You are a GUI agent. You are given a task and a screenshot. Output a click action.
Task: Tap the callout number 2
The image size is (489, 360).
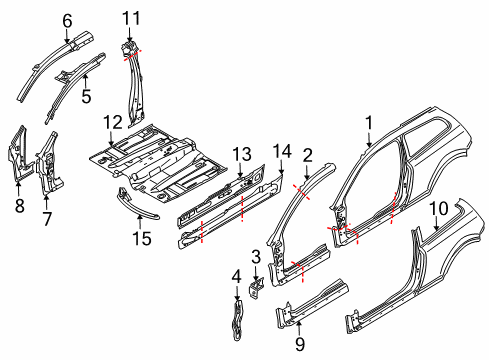tap(308, 154)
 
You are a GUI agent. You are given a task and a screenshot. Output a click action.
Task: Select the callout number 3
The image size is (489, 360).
tap(256, 257)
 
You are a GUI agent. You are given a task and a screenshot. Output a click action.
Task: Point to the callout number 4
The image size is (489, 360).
tap(236, 275)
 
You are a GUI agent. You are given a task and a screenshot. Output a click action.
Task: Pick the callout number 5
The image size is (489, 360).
tap(86, 97)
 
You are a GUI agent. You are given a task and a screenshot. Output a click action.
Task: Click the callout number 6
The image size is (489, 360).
tap(67, 19)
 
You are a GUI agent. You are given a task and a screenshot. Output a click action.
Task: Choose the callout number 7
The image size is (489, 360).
tap(43, 218)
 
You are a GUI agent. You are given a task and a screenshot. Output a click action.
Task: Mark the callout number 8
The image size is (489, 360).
tap(18, 207)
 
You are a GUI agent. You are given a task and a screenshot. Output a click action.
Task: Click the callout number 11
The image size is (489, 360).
tap(131, 17)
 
